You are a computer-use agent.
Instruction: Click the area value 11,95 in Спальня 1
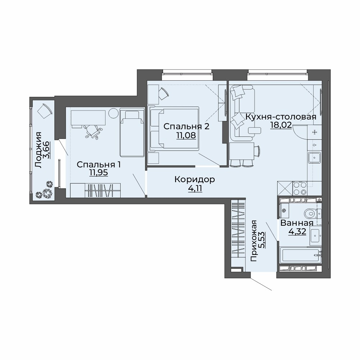[x=99, y=172]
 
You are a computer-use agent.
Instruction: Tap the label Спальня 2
[x=186, y=126]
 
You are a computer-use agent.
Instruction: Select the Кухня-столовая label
[x=281, y=117]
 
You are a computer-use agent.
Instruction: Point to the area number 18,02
[x=281, y=125]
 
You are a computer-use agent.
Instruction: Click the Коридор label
[x=195, y=180]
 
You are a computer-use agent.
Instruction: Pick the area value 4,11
[x=195, y=189]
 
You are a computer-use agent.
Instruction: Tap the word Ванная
[x=297, y=223]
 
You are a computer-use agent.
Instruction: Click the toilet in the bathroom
[x=313, y=214]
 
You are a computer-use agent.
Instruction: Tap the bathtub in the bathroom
[x=301, y=255]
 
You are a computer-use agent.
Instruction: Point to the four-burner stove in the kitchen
[x=300, y=188]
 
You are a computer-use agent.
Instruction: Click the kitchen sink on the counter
[x=314, y=158]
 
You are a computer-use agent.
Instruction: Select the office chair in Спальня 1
[x=92, y=131]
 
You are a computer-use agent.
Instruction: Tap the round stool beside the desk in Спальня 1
[x=113, y=113]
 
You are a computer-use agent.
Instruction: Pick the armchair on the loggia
[x=45, y=111]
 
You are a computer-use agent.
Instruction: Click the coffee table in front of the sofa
[x=255, y=131]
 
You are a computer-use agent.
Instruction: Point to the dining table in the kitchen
[x=242, y=151]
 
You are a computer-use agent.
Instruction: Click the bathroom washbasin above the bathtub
[x=316, y=235]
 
